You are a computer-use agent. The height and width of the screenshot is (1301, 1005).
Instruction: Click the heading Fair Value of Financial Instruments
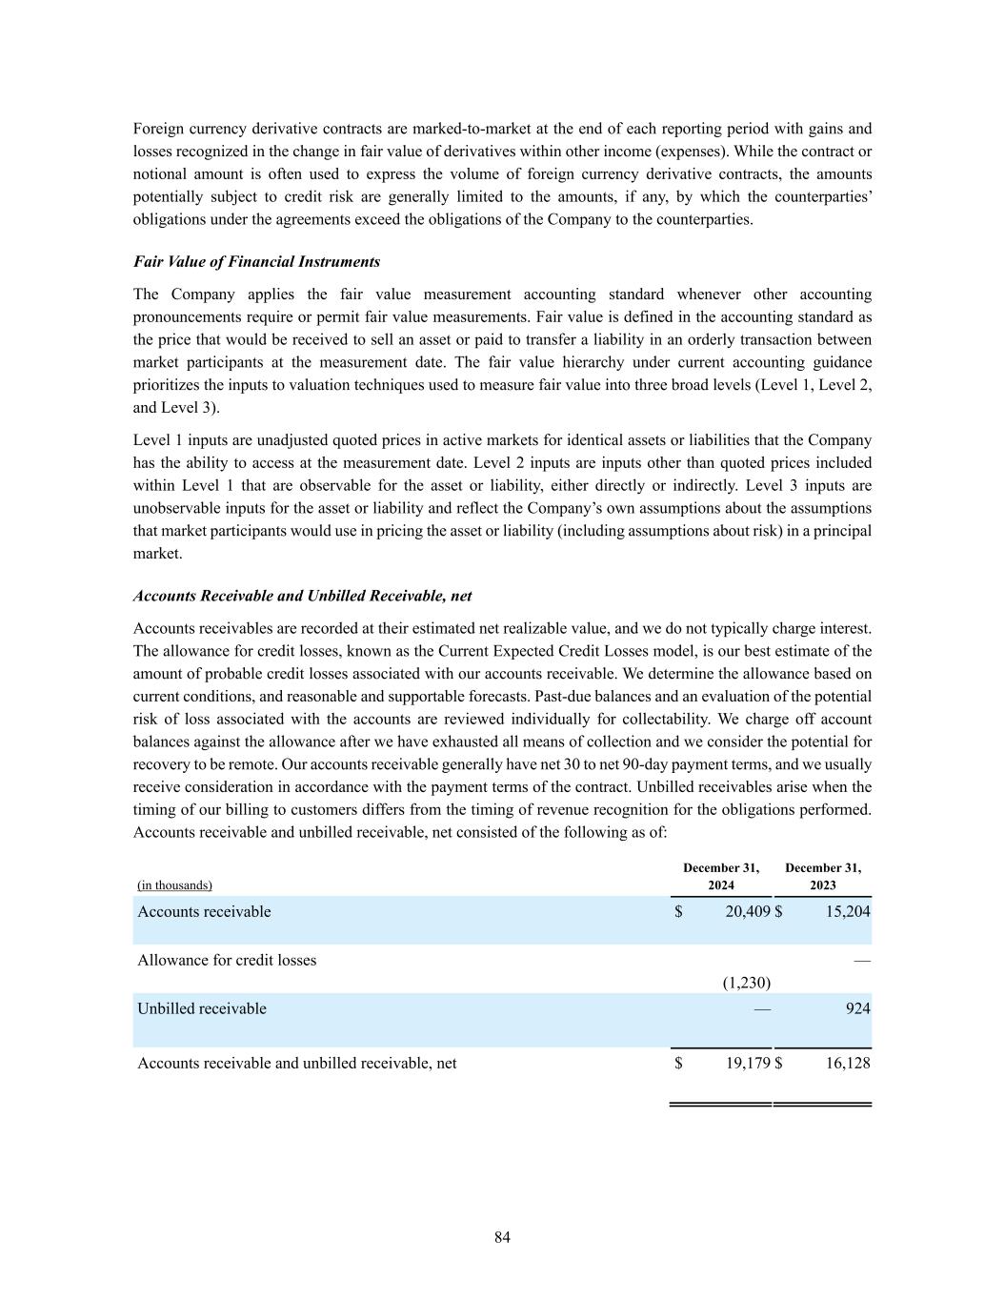256,262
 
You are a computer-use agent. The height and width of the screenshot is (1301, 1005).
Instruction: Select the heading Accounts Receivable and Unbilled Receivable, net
302,596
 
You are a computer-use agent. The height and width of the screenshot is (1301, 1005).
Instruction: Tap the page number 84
503,1237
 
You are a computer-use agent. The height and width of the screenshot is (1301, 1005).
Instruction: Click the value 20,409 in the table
747,912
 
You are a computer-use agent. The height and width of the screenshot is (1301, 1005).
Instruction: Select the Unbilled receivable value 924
857,1008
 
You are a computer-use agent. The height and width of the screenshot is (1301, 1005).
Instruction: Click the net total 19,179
747,1063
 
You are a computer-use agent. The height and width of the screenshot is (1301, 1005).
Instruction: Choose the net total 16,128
847,1063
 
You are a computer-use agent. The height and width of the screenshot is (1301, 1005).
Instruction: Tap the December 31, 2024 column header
721,876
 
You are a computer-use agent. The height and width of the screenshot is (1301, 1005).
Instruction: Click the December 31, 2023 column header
823,876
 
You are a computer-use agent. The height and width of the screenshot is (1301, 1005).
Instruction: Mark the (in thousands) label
174,885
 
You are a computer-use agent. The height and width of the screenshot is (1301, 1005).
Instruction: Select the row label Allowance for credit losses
227,960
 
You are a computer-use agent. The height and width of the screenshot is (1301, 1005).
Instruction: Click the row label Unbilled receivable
202,1008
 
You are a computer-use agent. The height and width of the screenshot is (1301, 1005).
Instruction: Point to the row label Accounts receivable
204,912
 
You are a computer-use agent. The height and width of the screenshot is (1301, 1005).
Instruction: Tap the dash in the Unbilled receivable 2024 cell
761,1008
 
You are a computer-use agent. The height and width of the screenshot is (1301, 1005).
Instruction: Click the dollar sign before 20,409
678,912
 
